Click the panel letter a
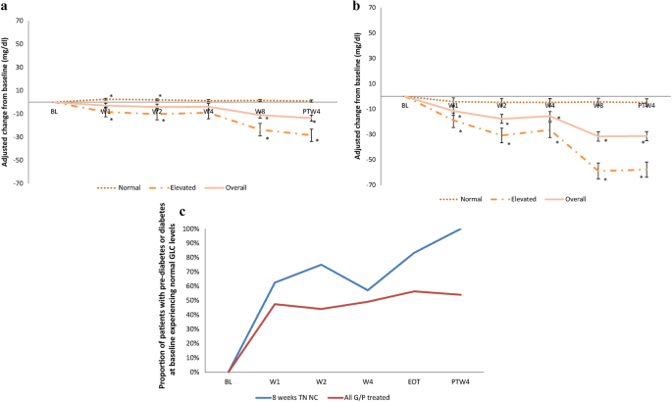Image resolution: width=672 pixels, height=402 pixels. coord(7,7)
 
